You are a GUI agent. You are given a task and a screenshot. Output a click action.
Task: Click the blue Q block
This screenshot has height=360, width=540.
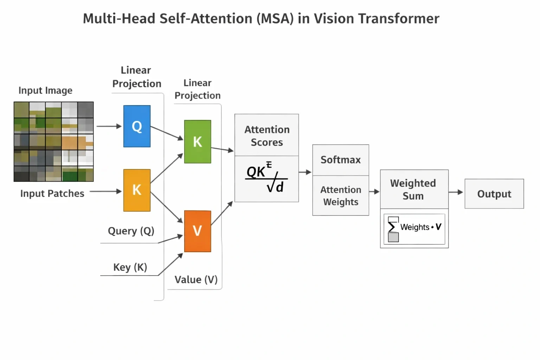coord(137,126)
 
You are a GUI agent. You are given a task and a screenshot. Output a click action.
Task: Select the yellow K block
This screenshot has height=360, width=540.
coord(137,190)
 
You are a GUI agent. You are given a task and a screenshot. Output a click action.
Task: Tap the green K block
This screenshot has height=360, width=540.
coord(198,142)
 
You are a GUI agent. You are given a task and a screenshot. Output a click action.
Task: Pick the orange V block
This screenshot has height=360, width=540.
coord(198,231)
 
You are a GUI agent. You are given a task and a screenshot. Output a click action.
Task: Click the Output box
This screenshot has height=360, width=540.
coord(494,194)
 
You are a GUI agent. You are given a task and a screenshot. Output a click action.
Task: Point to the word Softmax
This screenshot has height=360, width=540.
coord(341,160)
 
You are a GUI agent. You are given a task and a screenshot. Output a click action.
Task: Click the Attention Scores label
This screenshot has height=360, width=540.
coord(267,136)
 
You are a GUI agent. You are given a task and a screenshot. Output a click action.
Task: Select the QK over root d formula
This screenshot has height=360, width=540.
coord(266,177)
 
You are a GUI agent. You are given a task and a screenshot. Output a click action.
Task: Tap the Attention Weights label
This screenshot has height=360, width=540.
coord(341,195)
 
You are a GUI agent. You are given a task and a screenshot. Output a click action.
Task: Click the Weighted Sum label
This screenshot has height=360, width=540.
coord(413,189)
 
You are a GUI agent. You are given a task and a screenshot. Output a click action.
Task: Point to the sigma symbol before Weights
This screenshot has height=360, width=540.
coord(392,227)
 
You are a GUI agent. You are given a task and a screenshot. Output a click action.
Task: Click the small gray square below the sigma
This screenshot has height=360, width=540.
coord(393,237)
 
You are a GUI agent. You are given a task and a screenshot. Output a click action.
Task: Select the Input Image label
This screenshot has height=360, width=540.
coord(45,90)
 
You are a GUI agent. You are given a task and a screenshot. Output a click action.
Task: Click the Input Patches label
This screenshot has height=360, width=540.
coord(52,193)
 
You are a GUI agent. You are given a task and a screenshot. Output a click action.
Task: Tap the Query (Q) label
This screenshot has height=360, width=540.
coord(131,231)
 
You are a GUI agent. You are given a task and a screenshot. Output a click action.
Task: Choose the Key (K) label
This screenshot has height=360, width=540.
coord(130,267)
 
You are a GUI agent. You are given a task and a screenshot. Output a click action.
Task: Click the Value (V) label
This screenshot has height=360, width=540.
coord(196,280)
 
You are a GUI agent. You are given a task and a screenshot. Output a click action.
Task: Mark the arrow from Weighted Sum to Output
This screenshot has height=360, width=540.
coord(456,192)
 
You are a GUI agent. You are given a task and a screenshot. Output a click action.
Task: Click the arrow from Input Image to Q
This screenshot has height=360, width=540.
coord(109,126)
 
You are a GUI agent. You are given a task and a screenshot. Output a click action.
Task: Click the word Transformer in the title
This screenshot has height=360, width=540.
coord(399,19)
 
